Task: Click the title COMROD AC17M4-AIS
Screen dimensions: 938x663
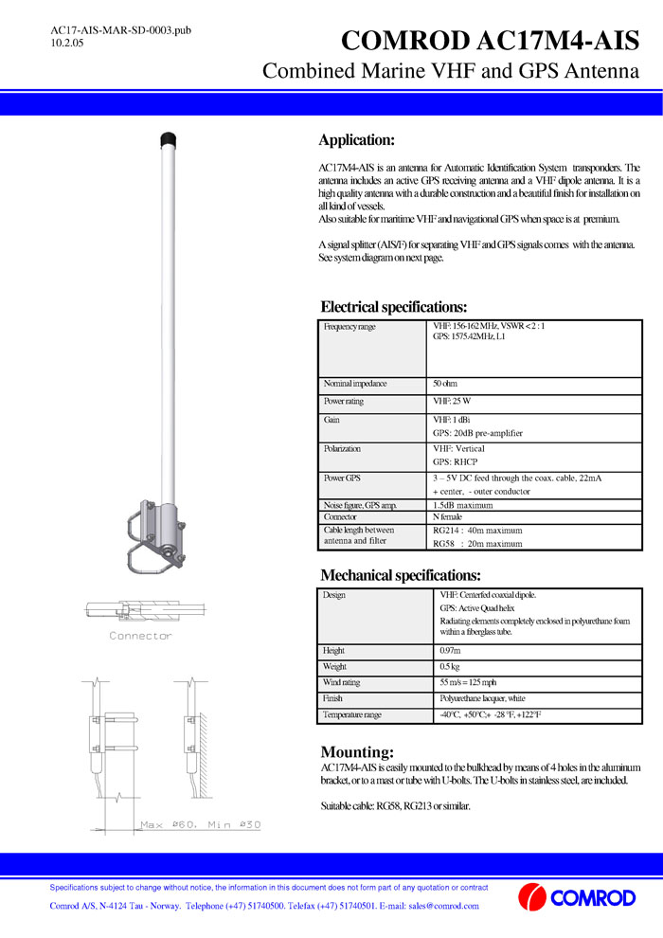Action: click(x=490, y=41)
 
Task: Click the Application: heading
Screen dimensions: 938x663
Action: click(x=356, y=140)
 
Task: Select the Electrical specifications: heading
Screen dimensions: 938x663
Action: click(x=394, y=307)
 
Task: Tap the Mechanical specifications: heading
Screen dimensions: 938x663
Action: click(x=401, y=575)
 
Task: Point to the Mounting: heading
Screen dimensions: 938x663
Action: click(x=357, y=751)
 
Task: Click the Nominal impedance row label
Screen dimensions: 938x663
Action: click(x=355, y=384)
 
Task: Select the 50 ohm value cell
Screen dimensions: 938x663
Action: click(x=445, y=384)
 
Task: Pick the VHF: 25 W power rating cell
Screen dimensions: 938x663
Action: click(x=452, y=402)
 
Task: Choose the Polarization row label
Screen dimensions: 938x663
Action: click(x=343, y=448)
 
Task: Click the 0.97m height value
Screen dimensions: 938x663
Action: click(x=450, y=651)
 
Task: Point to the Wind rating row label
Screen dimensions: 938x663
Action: click(x=344, y=683)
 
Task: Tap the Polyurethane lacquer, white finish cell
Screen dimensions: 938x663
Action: click(x=482, y=698)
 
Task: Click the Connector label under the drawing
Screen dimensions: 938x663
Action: click(x=141, y=636)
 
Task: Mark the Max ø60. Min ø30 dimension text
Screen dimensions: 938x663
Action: click(x=200, y=825)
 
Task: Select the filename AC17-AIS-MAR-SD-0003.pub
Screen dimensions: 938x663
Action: click(x=120, y=30)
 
